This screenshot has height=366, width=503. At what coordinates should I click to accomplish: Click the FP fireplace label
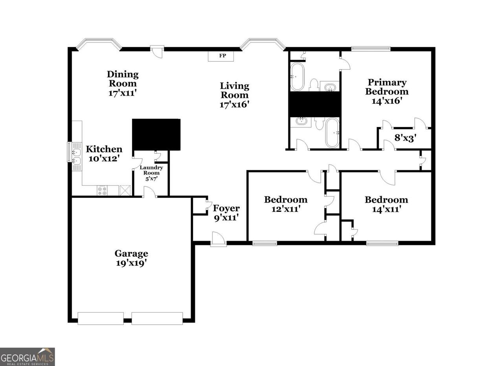click(222, 55)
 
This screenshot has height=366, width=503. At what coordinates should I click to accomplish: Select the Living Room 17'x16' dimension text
click(235, 105)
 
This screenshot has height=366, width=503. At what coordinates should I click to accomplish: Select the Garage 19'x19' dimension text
click(131, 263)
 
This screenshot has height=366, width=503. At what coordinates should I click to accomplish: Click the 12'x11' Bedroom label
click(286, 204)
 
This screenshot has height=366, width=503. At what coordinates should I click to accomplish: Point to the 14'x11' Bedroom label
click(386, 204)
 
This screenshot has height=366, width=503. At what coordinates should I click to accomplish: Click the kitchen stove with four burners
click(102, 191)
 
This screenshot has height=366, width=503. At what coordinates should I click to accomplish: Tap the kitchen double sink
click(77, 156)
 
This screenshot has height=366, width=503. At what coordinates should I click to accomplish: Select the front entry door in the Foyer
click(218, 240)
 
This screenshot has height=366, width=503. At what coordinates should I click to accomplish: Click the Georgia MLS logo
click(28, 357)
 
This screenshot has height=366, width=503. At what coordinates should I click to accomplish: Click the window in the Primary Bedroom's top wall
click(371, 48)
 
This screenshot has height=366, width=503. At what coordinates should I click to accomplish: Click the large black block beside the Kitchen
click(156, 134)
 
